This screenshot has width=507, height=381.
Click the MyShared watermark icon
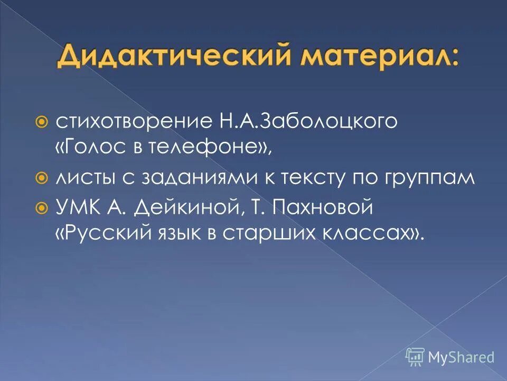[415, 357]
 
